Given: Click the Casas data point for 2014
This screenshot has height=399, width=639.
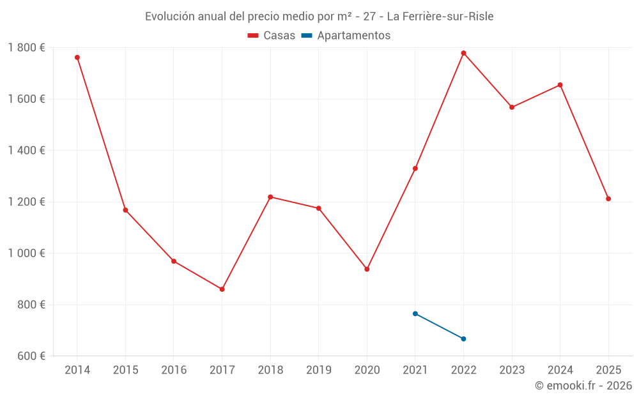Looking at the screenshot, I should coord(77,57).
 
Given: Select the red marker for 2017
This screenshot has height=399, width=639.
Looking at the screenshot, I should coord(222,289).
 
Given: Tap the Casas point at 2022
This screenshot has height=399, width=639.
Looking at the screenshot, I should coord(463,53).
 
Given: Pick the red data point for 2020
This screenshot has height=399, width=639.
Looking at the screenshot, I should coord(367,269).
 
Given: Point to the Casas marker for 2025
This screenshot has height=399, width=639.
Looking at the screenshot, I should coord(608,199).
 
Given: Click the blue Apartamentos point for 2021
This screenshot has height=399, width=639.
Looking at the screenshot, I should coord(415,313).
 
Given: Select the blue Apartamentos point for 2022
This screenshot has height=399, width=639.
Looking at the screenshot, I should coord(463,339).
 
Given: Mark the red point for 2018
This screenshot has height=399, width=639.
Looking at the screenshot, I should coord(270,197).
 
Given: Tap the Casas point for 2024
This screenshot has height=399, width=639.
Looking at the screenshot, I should coord(560,85).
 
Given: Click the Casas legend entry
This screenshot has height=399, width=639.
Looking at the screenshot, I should coord(272,36).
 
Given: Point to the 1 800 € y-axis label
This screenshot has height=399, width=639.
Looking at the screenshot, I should coord(26,47).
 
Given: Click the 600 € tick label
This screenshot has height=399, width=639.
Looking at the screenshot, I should coord(31,356).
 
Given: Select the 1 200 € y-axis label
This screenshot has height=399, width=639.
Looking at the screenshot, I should coord(26,202).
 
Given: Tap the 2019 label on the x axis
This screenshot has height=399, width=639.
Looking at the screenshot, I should coord(318,370).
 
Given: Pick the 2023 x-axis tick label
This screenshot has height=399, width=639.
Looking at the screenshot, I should coord(512,370).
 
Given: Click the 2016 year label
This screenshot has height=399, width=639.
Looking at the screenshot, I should coord(174,370).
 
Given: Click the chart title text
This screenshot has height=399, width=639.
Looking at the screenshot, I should coord(319,16).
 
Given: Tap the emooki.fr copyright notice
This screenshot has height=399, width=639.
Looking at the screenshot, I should coord(583,386).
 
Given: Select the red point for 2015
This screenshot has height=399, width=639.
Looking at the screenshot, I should coord(125,210).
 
